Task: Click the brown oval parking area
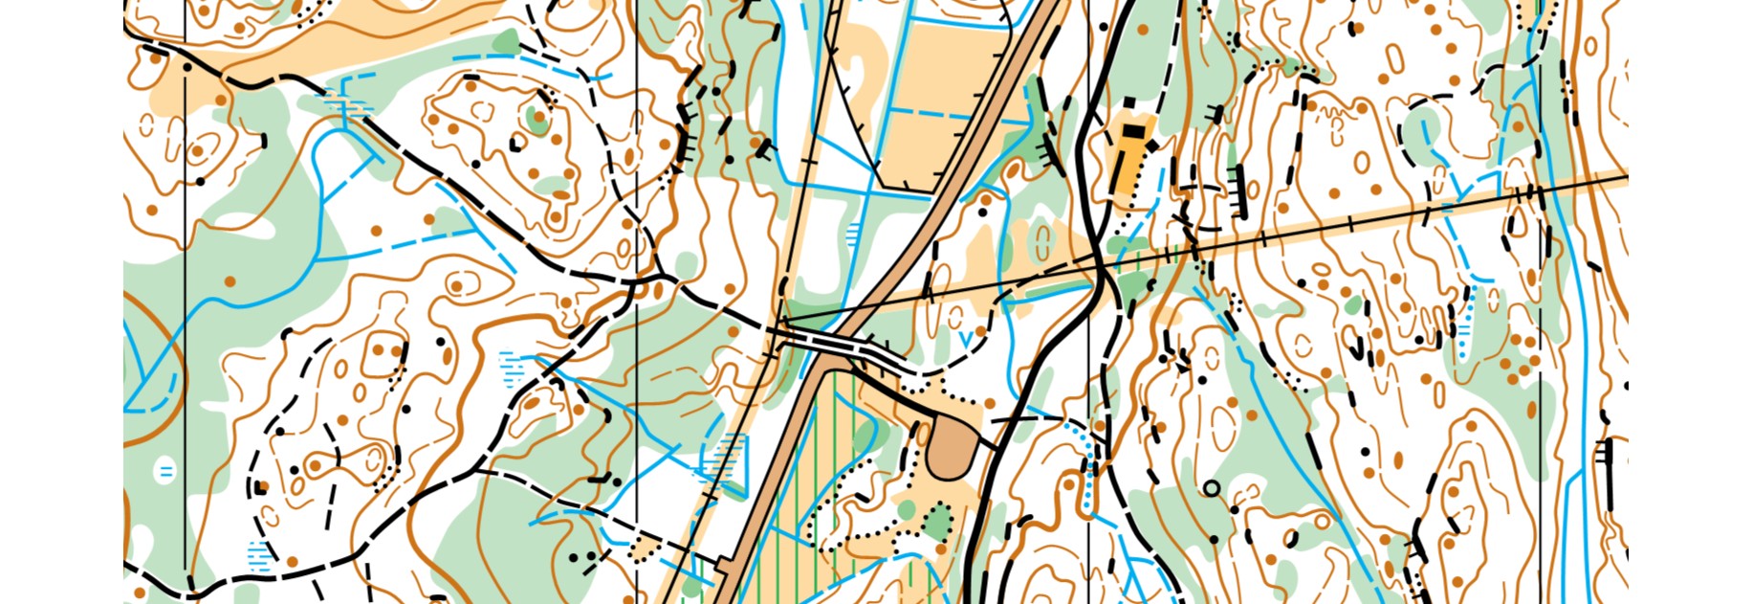tap(951, 445)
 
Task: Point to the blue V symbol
tap(965, 338)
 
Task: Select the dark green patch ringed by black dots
tap(939, 523)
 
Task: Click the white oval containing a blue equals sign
tap(165, 471)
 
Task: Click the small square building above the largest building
tap(1129, 101)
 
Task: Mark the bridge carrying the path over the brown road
tap(834, 344)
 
